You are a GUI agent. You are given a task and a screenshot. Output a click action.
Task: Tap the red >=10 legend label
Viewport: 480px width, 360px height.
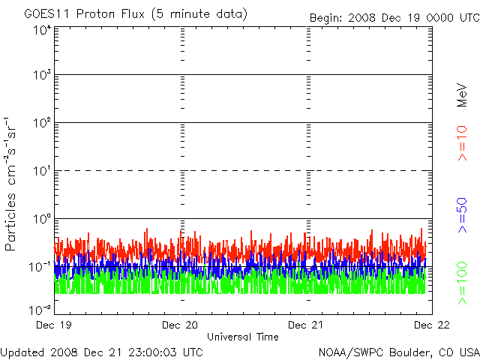pyautogui.click(x=463, y=142)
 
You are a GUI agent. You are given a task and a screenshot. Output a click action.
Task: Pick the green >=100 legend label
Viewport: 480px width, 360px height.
pyautogui.click(x=463, y=284)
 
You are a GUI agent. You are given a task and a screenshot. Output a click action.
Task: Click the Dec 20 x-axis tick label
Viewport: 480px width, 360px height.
pyautogui.click(x=180, y=325)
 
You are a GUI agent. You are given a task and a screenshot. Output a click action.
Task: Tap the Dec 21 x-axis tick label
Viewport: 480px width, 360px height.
pyautogui.click(x=306, y=325)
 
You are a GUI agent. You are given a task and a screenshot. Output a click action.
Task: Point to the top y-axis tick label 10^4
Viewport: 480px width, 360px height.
pyautogui.click(x=41, y=31)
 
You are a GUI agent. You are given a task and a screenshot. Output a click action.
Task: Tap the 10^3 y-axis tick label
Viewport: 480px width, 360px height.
pyautogui.click(x=41, y=76)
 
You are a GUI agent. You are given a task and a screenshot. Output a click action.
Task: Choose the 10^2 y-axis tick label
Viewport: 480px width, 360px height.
pyautogui.click(x=41, y=124)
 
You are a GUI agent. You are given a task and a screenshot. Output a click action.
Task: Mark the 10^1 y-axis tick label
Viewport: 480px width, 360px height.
pyautogui.click(x=41, y=172)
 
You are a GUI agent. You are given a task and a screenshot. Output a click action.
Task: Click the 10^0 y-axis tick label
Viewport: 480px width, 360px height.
pyautogui.click(x=41, y=220)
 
